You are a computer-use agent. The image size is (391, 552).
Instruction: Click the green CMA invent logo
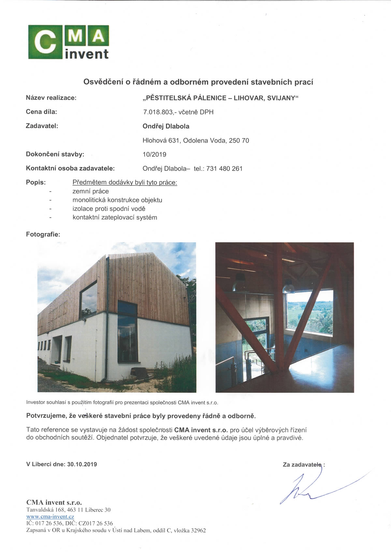pos(68,42)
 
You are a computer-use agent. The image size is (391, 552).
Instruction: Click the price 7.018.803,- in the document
pos(158,112)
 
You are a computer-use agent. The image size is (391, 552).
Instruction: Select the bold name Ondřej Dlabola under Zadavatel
pos(166,126)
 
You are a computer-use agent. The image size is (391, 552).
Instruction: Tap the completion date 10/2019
pos(154,154)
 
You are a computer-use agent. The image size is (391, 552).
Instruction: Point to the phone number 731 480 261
pos(224,169)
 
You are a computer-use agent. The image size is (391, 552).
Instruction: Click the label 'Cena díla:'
pos(41,112)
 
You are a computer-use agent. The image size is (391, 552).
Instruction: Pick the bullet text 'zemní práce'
pos(91,191)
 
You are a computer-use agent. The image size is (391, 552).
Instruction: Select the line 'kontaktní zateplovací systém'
pos(115,218)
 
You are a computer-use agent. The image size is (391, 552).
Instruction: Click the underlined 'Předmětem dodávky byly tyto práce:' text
pos(125,182)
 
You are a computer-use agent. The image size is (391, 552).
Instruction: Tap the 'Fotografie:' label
pos(43,234)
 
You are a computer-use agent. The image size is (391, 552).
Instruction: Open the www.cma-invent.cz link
pos(50,517)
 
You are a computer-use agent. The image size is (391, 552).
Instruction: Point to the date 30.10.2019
pos(82,464)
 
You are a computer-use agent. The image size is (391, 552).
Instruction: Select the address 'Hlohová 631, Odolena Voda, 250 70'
pos(195,141)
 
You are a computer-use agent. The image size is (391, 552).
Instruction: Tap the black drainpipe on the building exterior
pos(107,326)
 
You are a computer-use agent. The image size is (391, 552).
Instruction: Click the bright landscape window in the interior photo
pos(310,313)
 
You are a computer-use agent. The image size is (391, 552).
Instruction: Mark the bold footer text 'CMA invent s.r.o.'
pos(54,502)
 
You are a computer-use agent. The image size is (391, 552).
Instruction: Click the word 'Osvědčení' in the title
pos(103,82)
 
